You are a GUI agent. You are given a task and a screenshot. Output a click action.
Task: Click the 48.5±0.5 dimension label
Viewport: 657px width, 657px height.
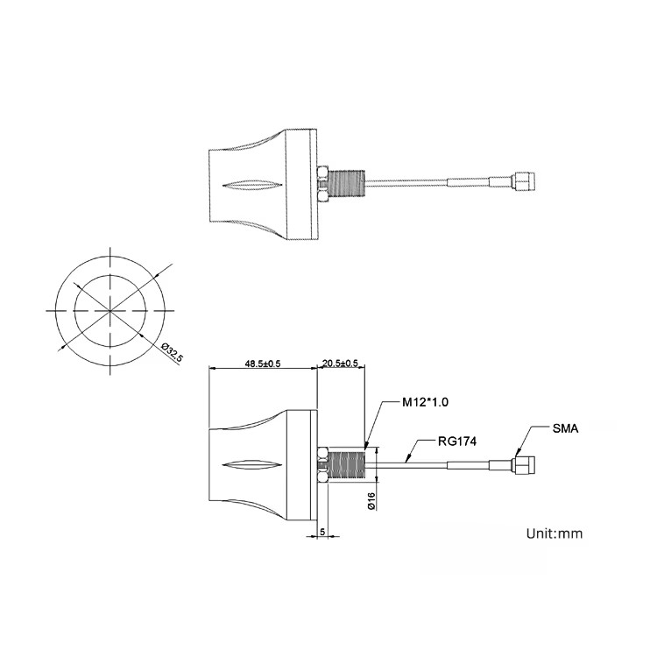[x=262, y=364]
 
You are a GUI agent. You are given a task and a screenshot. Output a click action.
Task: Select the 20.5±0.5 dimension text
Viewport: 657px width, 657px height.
[x=340, y=363]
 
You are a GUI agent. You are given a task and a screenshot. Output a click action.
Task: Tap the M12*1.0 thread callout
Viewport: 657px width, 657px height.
[x=425, y=402]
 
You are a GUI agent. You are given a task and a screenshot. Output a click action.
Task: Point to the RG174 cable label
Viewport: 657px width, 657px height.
[x=457, y=442]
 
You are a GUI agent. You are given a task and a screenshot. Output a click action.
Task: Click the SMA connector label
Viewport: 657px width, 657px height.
[x=565, y=428]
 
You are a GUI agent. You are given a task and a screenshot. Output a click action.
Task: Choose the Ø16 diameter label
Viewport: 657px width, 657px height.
[x=371, y=501]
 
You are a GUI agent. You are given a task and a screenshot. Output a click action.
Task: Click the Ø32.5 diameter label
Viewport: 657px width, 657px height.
[x=173, y=353]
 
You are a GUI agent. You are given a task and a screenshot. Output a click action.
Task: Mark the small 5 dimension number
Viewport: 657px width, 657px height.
[x=322, y=532]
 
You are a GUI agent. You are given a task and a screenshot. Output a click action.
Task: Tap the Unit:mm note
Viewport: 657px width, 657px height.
[x=555, y=533]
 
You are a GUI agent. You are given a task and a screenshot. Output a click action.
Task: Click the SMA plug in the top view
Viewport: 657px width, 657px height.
[x=524, y=180]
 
